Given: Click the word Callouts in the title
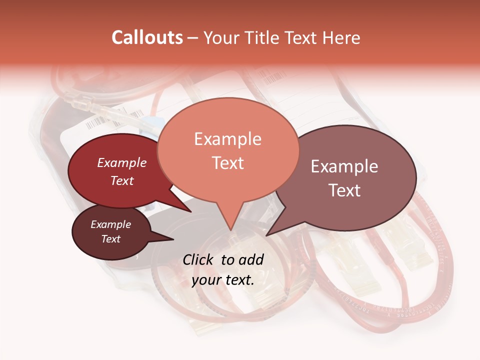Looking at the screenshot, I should pos(147,37).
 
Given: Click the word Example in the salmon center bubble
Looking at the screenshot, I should pos(227,139).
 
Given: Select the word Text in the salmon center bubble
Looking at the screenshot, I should pos(227,163).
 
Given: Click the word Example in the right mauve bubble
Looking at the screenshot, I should pos(344,166).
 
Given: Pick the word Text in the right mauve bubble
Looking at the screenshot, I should pos(344,190).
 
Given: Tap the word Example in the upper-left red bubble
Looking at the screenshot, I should pos(121,163).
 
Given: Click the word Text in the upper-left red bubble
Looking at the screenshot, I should pos(121,180).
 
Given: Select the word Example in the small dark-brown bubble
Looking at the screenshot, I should pos(110,224).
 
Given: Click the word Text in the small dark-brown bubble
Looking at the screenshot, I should pos(110,239).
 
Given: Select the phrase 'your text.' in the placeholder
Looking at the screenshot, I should pos(223,280).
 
